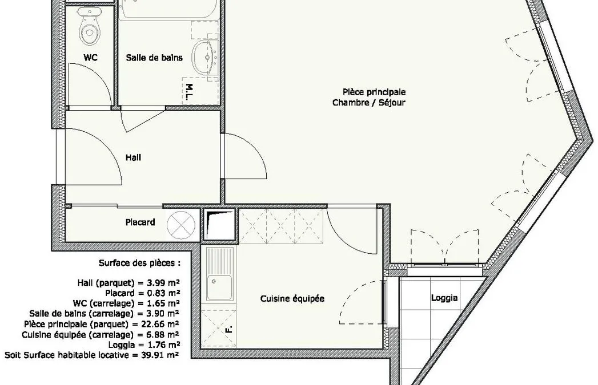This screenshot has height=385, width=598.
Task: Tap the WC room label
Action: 90,58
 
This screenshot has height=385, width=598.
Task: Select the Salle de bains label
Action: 154,58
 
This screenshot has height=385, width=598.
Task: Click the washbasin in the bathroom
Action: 205,57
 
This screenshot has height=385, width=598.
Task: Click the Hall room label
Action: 133,157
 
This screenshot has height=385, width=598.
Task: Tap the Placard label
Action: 141,222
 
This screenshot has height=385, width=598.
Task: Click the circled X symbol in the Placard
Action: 181,225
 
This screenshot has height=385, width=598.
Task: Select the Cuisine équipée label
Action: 292,298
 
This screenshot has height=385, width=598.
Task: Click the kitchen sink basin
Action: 220,287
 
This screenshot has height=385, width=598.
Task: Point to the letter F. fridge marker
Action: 229,329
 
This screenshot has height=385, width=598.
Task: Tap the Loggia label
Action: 444,298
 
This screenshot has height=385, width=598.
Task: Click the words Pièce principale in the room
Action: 374,92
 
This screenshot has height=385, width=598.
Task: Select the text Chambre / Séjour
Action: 369,103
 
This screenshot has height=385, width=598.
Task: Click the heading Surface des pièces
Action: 139,263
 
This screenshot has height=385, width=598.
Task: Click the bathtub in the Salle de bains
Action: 168,9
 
